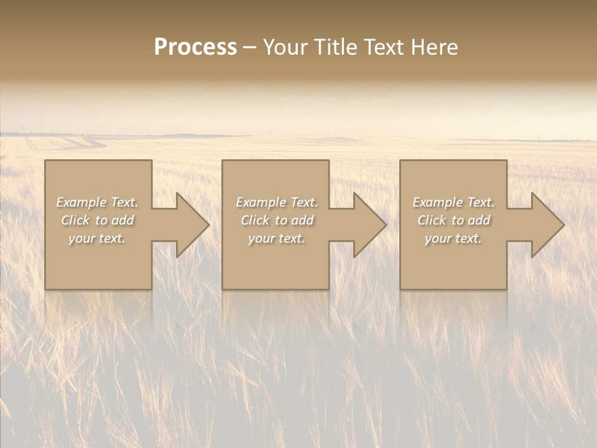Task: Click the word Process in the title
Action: tap(195, 47)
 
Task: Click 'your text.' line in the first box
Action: tap(98, 238)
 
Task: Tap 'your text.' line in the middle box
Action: tap(277, 238)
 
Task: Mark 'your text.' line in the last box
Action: tap(453, 238)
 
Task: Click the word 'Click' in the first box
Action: tap(75, 220)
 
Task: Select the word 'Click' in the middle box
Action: tap(255, 220)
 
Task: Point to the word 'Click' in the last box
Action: tap(432, 220)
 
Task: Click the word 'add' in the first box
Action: tap(123, 220)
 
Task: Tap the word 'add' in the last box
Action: tap(479, 220)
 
